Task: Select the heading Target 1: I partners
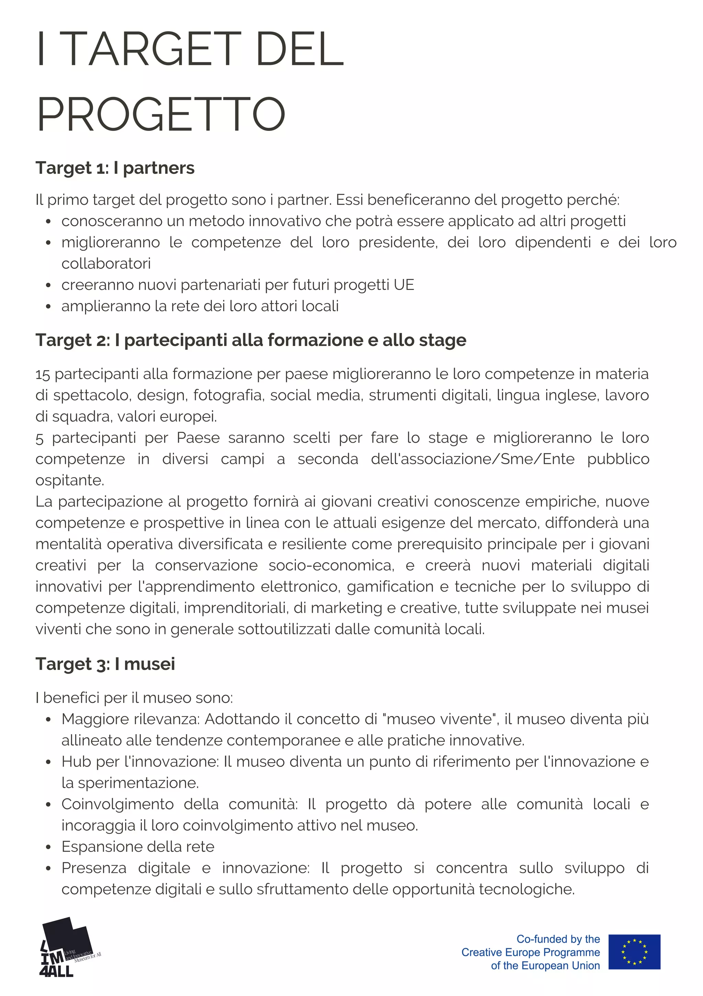[115, 168]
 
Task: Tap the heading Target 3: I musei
[105, 664]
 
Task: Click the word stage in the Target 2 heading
[442, 340]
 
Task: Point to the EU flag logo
[634, 952]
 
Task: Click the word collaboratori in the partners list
[106, 263]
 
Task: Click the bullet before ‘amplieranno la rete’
[48, 306]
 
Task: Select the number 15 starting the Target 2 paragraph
[43, 374]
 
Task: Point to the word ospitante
[69, 480]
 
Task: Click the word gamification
[390, 586]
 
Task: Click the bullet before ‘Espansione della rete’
[48, 847]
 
